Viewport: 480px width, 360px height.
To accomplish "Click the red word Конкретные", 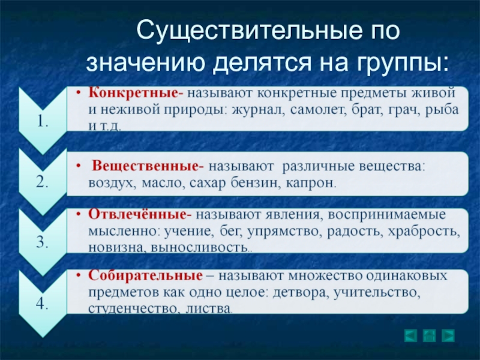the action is point(134,92).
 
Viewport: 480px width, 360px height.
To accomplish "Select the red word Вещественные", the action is point(145,166).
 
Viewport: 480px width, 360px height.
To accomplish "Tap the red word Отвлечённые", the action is point(138,214).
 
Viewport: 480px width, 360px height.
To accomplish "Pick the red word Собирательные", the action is point(145,275).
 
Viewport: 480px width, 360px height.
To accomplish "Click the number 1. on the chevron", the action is point(43,122).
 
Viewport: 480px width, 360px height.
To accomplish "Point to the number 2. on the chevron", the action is point(42,182).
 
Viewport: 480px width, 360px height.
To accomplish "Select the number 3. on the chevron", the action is point(42,242).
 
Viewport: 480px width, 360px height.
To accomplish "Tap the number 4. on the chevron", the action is point(42,304).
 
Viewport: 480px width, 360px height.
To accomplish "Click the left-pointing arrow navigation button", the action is point(410,335).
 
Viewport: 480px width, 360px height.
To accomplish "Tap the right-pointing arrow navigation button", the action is point(448,335).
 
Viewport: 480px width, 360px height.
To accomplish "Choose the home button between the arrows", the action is point(429,335).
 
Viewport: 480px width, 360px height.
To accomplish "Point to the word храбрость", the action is point(424,231).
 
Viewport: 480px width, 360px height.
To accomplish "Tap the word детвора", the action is point(301,292).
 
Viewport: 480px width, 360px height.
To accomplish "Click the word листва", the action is point(208,308).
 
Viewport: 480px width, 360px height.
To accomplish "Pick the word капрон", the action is point(311,183).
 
